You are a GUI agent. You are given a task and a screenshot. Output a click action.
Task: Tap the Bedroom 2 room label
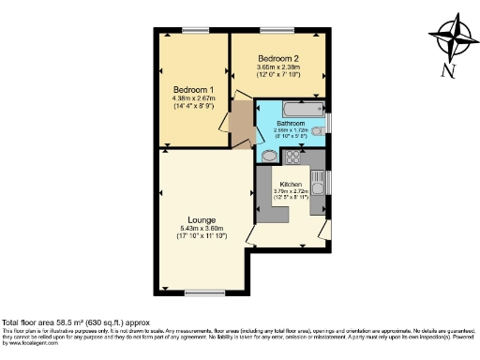pos(278,58)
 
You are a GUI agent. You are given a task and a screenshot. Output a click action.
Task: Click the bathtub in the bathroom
pos(296,107)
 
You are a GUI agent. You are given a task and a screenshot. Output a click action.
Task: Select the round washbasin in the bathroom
pos(267,156)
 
